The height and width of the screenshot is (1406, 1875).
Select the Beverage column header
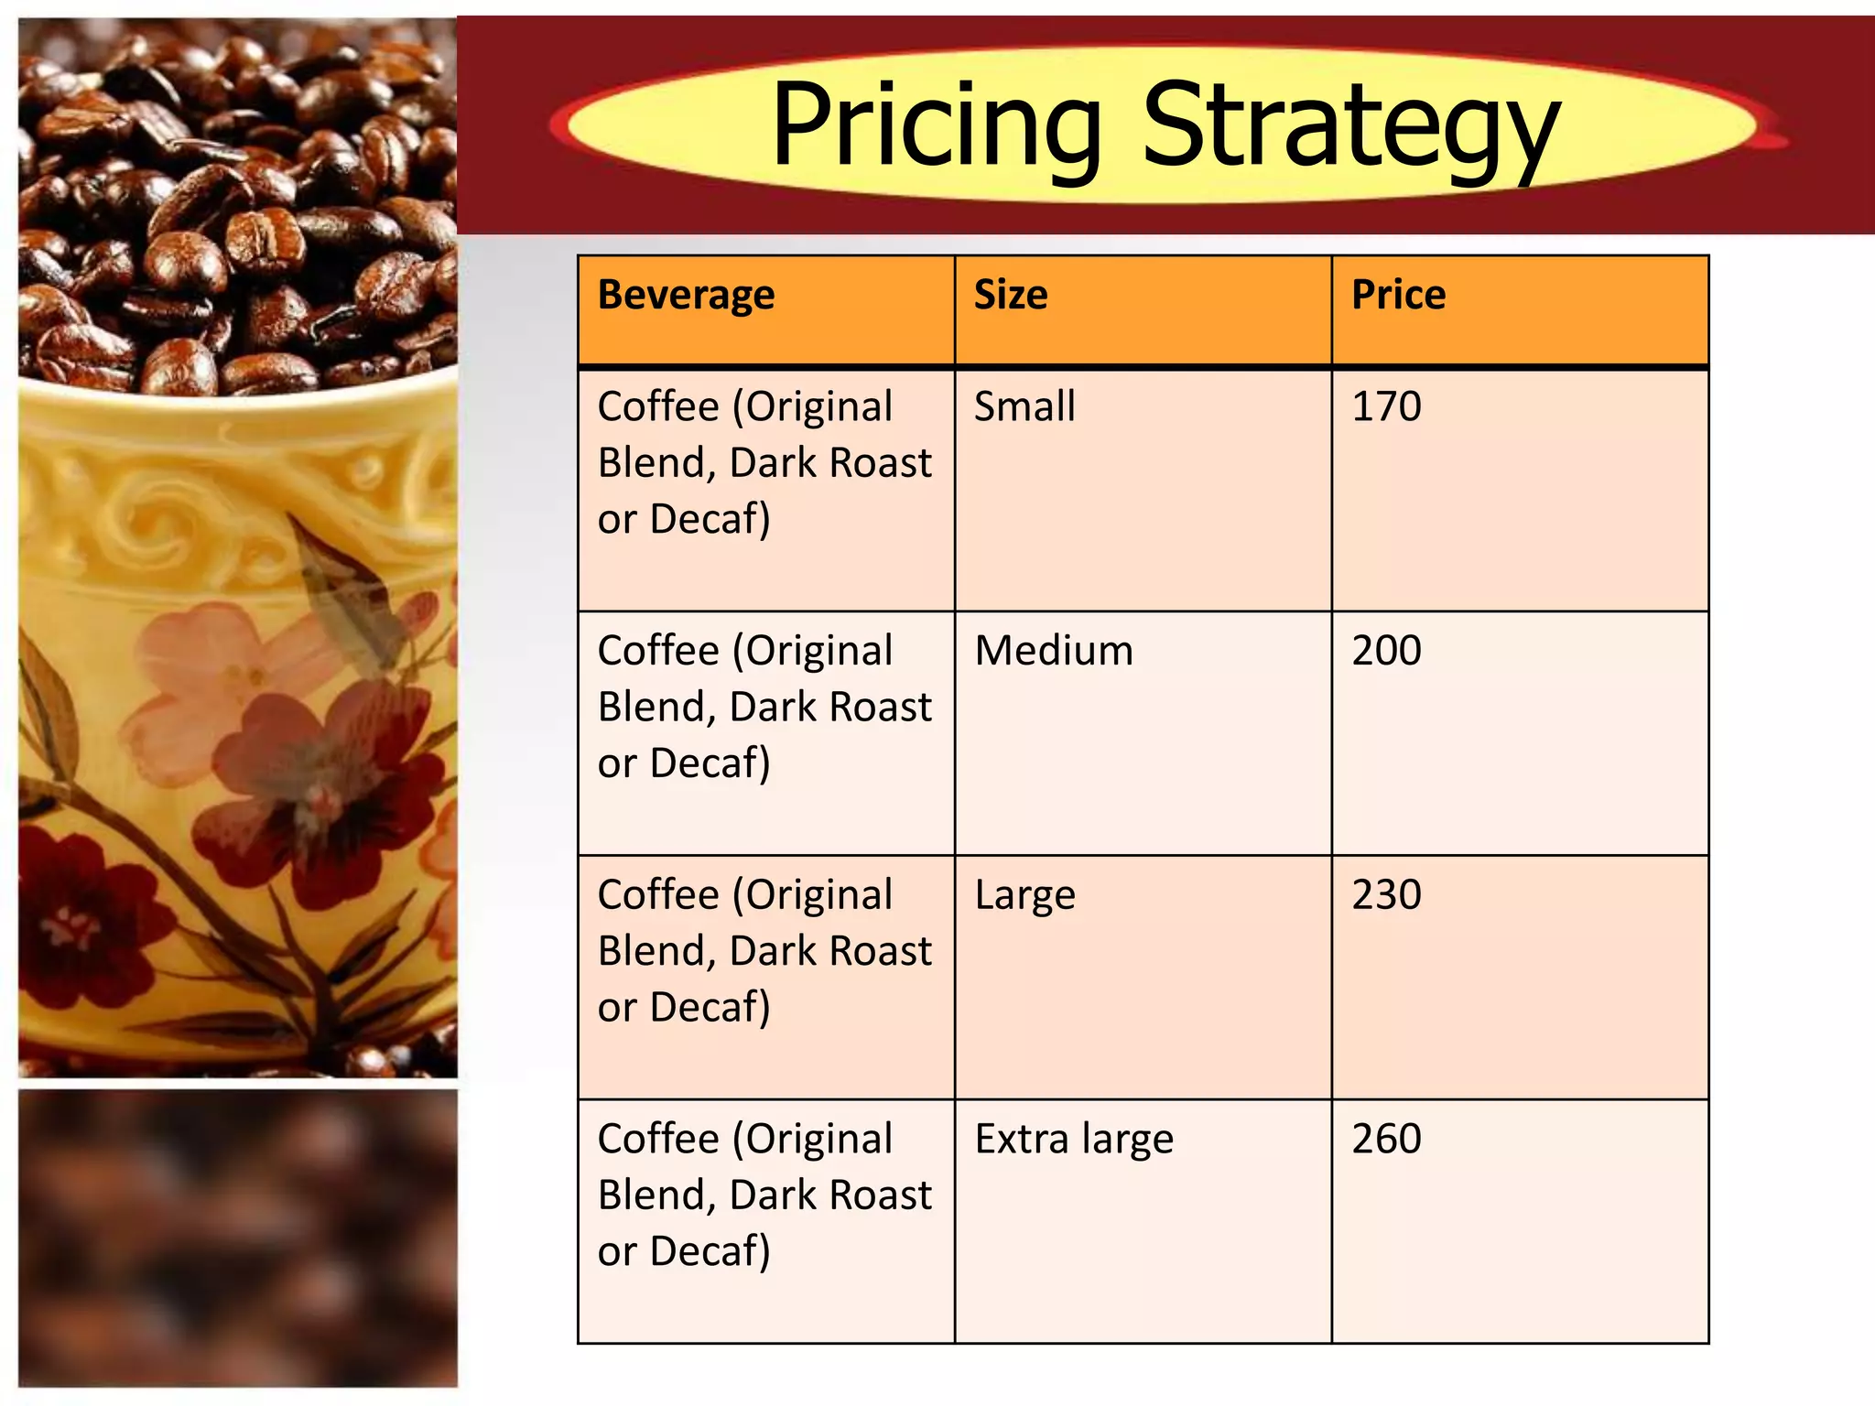[x=686, y=295]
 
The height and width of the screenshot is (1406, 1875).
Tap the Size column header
[x=1010, y=295]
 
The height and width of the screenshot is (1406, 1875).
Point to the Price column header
[x=1398, y=295]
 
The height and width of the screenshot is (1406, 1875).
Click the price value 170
[x=1386, y=406]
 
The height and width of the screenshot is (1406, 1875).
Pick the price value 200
[x=1386, y=650]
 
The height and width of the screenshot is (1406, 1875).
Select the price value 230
[x=1386, y=894]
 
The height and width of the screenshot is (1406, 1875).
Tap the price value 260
[x=1386, y=1139]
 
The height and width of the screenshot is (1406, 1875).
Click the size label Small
[x=1024, y=406]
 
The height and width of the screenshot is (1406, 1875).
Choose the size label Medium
[x=1053, y=650]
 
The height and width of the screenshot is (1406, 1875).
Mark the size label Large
[x=1024, y=896]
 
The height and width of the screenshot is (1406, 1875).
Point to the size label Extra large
[x=1073, y=1140]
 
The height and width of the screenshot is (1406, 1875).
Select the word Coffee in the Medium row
[x=658, y=650]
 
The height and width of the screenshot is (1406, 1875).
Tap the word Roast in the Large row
[x=880, y=951]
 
